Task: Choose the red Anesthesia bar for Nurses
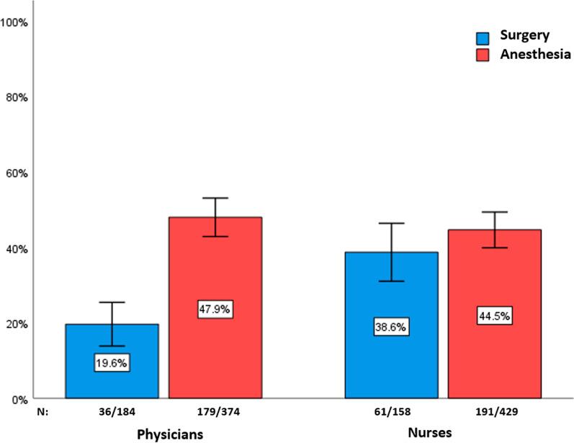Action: click(x=494, y=280)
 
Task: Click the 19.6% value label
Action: click(x=112, y=363)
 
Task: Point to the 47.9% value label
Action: click(x=215, y=309)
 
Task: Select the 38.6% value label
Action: click(x=391, y=327)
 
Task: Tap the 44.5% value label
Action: click(x=494, y=316)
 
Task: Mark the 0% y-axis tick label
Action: click(x=20, y=398)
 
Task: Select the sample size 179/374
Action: click(x=215, y=415)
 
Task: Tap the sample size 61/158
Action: click(x=391, y=415)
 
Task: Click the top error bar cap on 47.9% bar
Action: click(x=215, y=198)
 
